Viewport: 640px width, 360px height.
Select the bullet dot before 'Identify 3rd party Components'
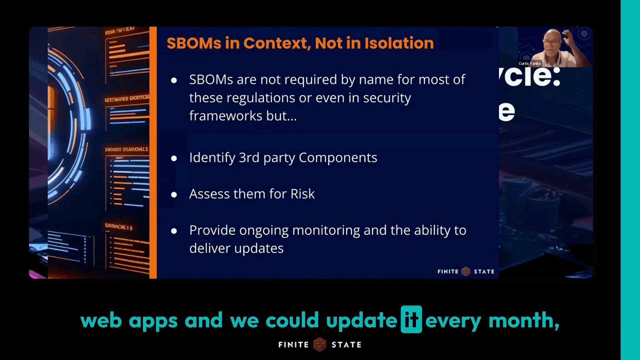point(174,158)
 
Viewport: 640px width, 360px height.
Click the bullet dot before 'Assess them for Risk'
point(174,194)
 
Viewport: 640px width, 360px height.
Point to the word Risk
point(302,194)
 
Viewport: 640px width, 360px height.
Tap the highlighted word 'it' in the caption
point(411,320)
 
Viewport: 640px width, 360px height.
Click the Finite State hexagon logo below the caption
point(319,344)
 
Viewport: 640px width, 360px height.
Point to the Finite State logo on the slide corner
point(465,271)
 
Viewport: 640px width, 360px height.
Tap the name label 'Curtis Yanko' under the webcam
point(530,64)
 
